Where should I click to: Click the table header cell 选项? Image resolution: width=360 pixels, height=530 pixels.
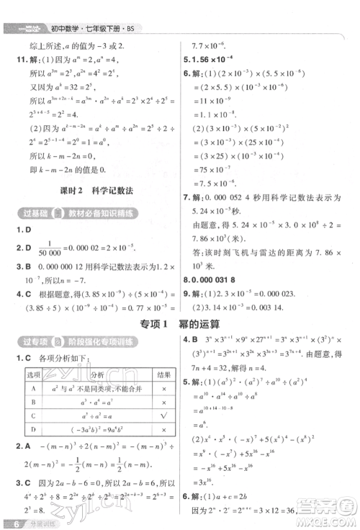pos(33,375)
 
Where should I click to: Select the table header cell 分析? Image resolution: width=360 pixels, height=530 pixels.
pos(96,375)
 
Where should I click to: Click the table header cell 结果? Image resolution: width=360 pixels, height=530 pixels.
pos(163,375)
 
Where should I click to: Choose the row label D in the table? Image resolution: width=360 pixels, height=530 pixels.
pos(33,431)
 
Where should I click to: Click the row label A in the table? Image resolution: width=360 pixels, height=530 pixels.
pos(33,388)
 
